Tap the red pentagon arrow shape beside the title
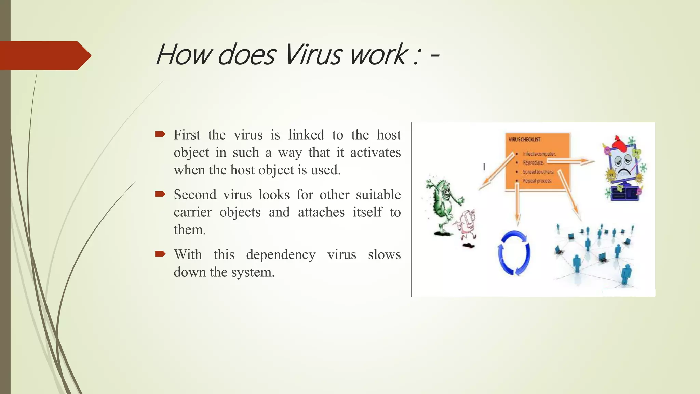pos(44,55)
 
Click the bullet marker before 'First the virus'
pos(160,134)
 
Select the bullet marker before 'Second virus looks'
pos(160,194)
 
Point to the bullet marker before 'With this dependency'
pos(160,253)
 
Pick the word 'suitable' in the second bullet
pos(378,195)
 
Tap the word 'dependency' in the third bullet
pos(281,255)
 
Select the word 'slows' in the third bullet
pos(384,254)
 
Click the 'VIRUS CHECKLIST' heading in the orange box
pos(524,140)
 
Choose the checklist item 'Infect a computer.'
pos(539,154)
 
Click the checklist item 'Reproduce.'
pos(533,163)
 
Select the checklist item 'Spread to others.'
pos(538,172)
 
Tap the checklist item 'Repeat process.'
pos(537,181)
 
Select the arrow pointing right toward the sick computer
pos(571,161)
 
